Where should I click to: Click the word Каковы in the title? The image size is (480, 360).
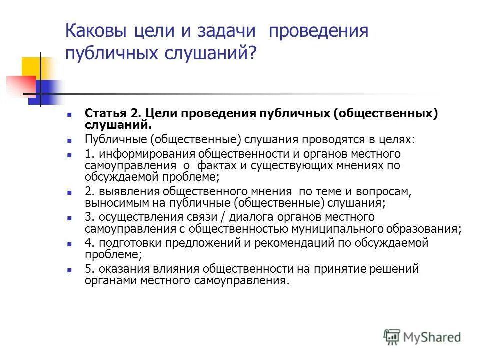[97, 31]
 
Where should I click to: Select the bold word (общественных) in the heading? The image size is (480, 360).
[386, 113]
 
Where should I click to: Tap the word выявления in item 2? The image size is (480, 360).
[122, 191]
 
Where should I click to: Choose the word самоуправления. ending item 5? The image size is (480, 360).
[240, 281]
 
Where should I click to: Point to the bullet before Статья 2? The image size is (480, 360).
[70, 114]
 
